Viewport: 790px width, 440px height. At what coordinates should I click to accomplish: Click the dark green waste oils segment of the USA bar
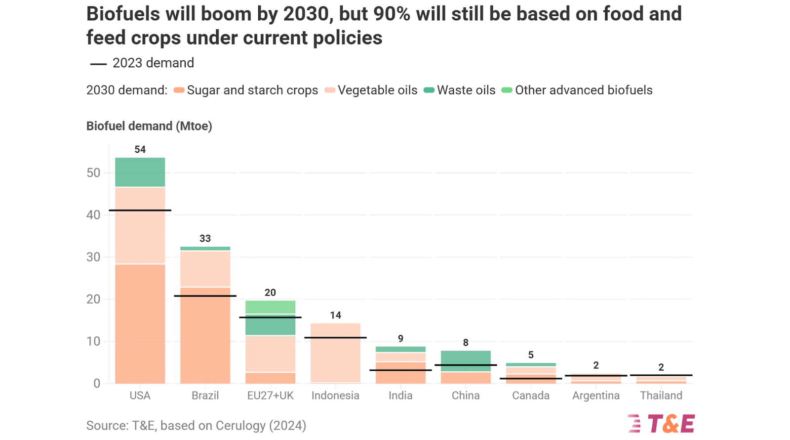(x=140, y=172)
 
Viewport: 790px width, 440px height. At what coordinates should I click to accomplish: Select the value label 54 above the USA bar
(x=140, y=149)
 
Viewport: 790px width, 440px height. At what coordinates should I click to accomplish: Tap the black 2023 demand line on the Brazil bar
(x=205, y=296)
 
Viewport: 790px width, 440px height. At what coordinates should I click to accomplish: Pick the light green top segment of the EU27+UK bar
(x=270, y=307)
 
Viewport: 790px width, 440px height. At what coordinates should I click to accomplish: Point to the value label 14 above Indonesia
(x=335, y=315)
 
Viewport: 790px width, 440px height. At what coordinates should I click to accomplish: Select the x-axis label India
(x=400, y=396)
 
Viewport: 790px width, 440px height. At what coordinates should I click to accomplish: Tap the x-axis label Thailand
(x=661, y=396)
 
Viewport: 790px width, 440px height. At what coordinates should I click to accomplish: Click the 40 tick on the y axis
(x=93, y=215)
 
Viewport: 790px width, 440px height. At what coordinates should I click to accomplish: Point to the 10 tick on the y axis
(x=93, y=341)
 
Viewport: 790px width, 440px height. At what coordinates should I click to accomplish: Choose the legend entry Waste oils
(x=466, y=90)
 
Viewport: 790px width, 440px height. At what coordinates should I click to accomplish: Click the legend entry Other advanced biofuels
(x=583, y=90)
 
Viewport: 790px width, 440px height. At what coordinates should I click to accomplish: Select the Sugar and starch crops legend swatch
(x=179, y=90)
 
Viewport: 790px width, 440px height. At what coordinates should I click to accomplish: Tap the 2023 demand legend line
(x=98, y=64)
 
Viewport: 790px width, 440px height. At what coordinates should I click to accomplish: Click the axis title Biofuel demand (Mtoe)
(x=149, y=126)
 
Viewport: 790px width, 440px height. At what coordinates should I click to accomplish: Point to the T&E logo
(x=662, y=424)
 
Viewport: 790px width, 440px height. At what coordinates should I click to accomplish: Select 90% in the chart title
(x=392, y=14)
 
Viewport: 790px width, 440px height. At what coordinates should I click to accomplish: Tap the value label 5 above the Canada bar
(x=531, y=355)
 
